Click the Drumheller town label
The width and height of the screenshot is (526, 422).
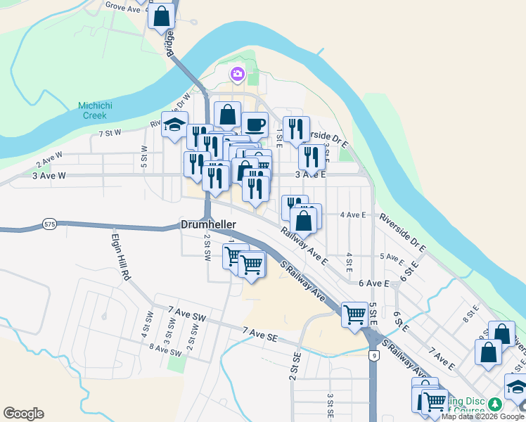209,224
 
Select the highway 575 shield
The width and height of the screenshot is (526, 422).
49,222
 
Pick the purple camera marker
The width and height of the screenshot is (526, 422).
237,73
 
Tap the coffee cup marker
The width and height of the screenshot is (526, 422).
255,124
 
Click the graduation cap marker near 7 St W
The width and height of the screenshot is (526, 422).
174,124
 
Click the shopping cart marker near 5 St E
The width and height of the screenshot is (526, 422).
355,313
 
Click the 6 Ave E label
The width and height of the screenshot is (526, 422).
373,283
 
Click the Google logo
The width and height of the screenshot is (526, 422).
23,414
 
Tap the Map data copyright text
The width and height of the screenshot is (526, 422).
482,416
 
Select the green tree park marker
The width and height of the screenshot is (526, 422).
495,404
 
